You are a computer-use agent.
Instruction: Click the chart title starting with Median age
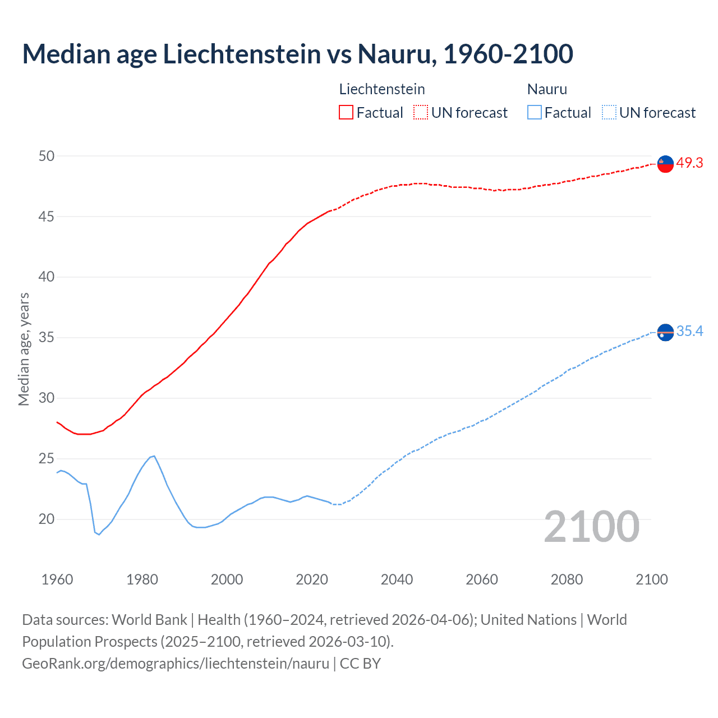click(297, 54)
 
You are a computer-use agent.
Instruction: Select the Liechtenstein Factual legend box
click(346, 112)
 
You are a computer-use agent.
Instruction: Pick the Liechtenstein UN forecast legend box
click(421, 112)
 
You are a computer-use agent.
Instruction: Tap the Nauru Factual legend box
click(534, 112)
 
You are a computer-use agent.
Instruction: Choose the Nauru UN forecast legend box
click(609, 112)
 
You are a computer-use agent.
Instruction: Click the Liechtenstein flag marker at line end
click(665, 164)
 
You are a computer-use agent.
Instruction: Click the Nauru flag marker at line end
click(665, 333)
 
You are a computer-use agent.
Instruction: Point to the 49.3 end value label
click(689, 163)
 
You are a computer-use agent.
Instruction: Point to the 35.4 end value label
click(689, 332)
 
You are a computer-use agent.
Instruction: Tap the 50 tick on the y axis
click(47, 156)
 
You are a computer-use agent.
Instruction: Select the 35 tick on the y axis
click(47, 338)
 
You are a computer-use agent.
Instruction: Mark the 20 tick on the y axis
click(47, 519)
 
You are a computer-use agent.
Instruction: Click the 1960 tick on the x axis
click(57, 579)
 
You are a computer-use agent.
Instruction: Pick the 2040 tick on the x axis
click(397, 579)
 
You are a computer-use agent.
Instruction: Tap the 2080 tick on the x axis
click(567, 579)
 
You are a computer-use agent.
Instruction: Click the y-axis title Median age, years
click(24, 349)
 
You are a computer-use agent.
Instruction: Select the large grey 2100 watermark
click(591, 527)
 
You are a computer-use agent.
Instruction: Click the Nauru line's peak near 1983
click(154, 456)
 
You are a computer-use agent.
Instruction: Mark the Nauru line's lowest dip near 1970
click(99, 535)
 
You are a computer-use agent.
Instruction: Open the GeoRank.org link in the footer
click(176, 664)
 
